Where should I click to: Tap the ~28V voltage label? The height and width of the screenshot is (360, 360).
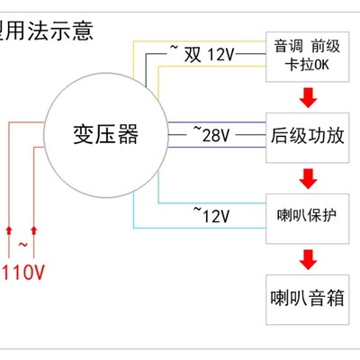tap(212, 135)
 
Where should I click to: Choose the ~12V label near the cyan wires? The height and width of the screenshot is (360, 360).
tap(212, 215)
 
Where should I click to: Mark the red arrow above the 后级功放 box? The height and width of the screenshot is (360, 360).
tap(308, 97)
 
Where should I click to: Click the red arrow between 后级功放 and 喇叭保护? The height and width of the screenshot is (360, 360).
tap(308, 176)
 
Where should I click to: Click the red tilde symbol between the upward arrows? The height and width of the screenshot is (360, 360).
tap(22, 243)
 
